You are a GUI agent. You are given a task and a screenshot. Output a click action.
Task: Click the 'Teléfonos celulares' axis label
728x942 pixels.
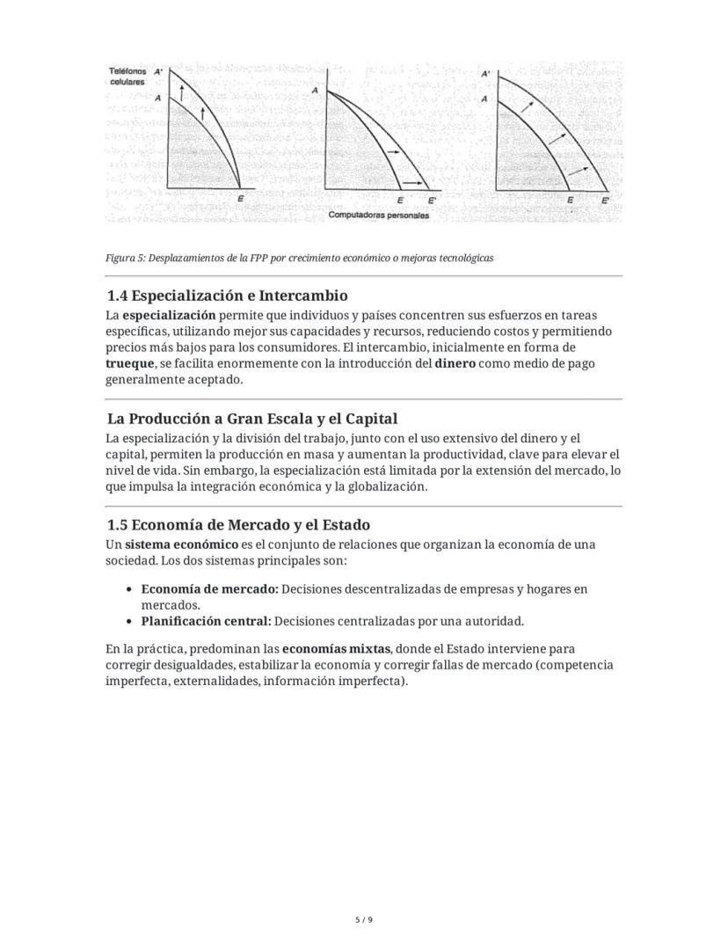point(127,76)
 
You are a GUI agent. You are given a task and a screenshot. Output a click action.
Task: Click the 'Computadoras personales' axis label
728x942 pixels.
point(379,215)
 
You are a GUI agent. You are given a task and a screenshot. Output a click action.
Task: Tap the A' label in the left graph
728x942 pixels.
point(158,71)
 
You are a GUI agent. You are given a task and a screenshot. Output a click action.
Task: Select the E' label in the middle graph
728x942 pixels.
point(432,201)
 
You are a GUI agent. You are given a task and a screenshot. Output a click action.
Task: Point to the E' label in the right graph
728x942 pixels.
point(606,201)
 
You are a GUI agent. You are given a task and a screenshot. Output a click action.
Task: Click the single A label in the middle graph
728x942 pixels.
point(315,91)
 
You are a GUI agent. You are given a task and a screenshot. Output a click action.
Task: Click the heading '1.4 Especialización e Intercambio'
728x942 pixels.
point(227,296)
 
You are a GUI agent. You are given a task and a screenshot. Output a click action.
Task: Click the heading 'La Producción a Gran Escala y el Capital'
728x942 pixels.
point(252,419)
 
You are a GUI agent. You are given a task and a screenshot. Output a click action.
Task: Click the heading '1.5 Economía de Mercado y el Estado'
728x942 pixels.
point(238,525)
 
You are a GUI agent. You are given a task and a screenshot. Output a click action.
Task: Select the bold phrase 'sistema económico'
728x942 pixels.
point(181,544)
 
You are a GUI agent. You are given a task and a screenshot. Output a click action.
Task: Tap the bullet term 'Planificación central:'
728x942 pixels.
point(206,621)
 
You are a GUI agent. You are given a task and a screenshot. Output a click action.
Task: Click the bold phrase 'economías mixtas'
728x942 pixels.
point(337,649)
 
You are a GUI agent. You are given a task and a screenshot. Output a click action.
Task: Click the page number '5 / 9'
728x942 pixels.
point(364,920)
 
